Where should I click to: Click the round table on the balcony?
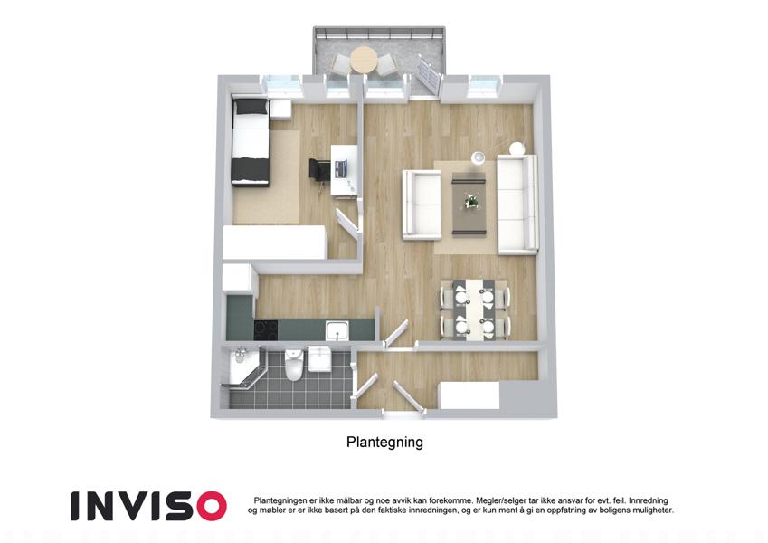point(363,60)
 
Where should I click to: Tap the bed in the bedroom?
point(251,142)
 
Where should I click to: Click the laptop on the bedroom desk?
point(340,168)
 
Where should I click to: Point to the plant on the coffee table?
point(471,200)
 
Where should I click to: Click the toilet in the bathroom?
point(294,364)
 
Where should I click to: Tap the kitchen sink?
point(337,329)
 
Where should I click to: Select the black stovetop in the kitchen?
point(266,329)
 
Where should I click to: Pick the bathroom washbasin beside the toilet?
point(319,358)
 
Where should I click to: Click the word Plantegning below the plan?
point(384,442)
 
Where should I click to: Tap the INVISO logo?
point(148,506)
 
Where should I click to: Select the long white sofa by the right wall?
point(517,205)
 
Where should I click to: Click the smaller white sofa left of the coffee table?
point(422,205)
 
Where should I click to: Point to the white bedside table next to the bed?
point(280,110)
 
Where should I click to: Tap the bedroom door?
point(347,223)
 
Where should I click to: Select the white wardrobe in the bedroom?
point(274,243)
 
